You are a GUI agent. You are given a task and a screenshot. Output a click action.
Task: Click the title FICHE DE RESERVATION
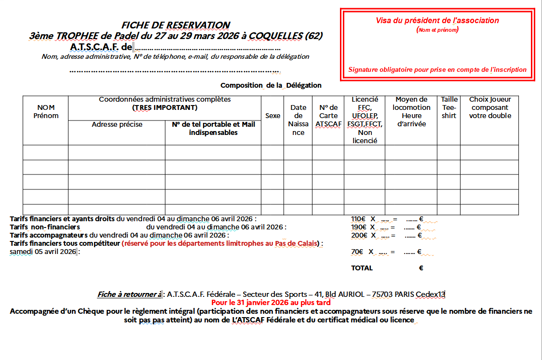pyautogui.click(x=176, y=25)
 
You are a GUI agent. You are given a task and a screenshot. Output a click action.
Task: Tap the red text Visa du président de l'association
pyautogui.click(x=437, y=21)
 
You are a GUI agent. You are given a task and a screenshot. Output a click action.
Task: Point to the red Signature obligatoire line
pyautogui.click(x=437, y=70)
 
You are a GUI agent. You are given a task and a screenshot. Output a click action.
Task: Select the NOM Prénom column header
pyautogui.click(x=46, y=112)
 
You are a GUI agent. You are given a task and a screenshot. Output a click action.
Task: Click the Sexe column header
pyautogui.click(x=272, y=116)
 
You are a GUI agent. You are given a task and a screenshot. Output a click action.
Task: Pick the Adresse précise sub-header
pyautogui.click(x=117, y=124)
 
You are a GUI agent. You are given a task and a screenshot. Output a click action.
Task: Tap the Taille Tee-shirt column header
pyautogui.click(x=449, y=107)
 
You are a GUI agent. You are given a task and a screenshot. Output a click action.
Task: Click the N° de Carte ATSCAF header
pyautogui.click(x=328, y=116)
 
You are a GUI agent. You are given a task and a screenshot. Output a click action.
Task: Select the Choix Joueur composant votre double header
pyautogui.click(x=490, y=107)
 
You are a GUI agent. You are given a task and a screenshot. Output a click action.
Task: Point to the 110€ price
pyautogui.click(x=358, y=219)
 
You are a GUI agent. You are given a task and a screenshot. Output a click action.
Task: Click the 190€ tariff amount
pyautogui.click(x=358, y=227)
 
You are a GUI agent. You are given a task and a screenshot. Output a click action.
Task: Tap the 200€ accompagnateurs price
pyautogui.click(x=358, y=235)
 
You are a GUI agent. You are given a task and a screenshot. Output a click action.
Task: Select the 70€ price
pyautogui.click(x=357, y=252)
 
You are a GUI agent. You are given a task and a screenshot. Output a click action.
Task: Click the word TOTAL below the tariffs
pyautogui.click(x=362, y=268)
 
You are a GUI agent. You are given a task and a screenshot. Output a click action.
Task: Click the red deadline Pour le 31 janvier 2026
pyautogui.click(x=271, y=303)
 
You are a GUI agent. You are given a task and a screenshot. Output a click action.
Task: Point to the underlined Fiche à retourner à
pyautogui.click(x=130, y=294)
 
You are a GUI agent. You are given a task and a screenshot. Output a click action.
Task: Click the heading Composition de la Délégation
pyautogui.click(x=271, y=85)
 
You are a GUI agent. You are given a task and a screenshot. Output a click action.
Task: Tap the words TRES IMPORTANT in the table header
pyautogui.click(x=164, y=107)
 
